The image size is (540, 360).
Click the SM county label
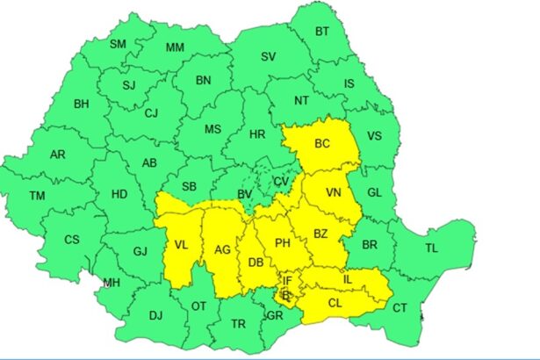tap(118, 44)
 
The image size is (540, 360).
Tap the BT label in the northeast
tap(322, 31)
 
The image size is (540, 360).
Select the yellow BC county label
tap(322, 142)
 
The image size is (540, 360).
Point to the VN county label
tap(334, 192)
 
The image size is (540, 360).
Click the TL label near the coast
tap(431, 248)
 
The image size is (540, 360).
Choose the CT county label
tap(400, 307)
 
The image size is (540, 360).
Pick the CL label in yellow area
tap(335, 302)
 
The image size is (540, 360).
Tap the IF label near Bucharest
tap(287, 281)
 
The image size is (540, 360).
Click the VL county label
tap(181, 245)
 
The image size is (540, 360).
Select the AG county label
tap(222, 250)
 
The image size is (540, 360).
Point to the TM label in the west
tap(37, 196)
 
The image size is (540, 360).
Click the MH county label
tap(112, 283)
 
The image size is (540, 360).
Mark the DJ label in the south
tap(155, 315)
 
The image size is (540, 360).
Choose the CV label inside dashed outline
tap(281, 181)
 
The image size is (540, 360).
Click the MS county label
tap(212, 129)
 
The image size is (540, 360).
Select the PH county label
tap(282, 243)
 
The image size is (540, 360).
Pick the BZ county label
tap(320, 233)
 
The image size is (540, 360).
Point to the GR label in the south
tap(276, 315)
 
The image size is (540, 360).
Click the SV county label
tap(268, 57)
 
